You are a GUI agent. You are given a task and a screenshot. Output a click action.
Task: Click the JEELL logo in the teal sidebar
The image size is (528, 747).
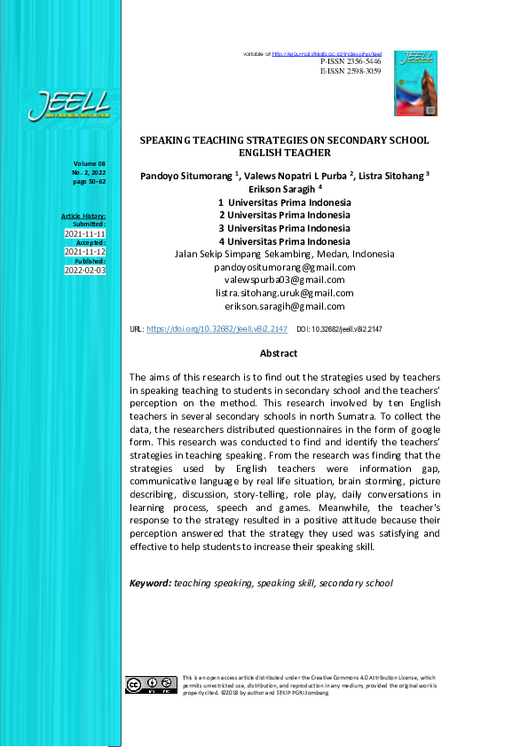pyautogui.click(x=68, y=106)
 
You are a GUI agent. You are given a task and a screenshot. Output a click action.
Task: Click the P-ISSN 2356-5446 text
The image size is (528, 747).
pyautogui.click(x=351, y=61)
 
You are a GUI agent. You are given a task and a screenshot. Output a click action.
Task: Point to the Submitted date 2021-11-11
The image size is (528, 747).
pyautogui.click(x=85, y=233)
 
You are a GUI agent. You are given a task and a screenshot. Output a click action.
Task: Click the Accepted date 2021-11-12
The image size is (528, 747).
pyautogui.click(x=85, y=252)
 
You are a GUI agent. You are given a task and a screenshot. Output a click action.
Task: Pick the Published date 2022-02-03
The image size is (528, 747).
pyautogui.click(x=85, y=271)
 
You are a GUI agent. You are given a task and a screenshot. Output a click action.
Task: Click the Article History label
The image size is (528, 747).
pyautogui.click(x=83, y=216)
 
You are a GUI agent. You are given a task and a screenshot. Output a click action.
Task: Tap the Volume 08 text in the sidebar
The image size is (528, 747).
pyautogui.click(x=90, y=164)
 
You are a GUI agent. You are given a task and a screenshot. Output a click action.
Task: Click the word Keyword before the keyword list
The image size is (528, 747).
pyautogui.click(x=149, y=583)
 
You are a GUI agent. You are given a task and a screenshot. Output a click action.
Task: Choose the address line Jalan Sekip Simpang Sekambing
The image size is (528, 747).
pyautogui.click(x=284, y=254)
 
